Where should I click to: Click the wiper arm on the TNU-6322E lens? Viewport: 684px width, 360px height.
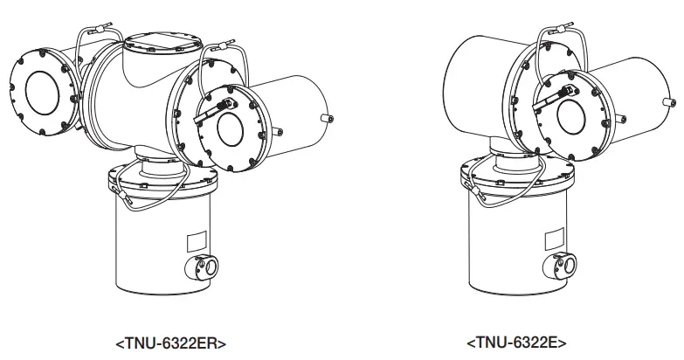point(556,100)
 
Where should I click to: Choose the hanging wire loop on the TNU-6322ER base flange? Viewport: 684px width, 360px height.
point(133,203)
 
